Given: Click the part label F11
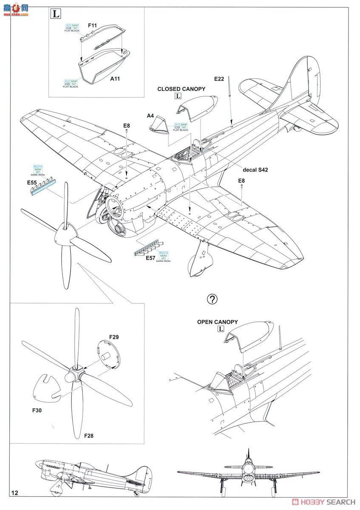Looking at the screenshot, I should tap(92, 25).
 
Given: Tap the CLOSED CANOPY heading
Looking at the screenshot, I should tap(181, 89).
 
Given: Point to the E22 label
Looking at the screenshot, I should tap(219, 79).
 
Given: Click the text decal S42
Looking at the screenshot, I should tap(255, 170).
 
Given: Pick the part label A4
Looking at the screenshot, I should tap(150, 116).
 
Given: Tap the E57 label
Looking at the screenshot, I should tap(150, 258).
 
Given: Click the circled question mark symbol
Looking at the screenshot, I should tap(212, 299).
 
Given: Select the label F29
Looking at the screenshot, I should tap(113, 337).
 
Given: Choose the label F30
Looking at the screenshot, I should tap(38, 411).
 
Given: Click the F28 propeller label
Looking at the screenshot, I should tap(88, 436).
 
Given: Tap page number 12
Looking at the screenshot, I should tap(15, 493).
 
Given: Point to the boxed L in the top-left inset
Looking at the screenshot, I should tap(55, 13).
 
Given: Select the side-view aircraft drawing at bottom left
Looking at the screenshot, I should tap(93, 476).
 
